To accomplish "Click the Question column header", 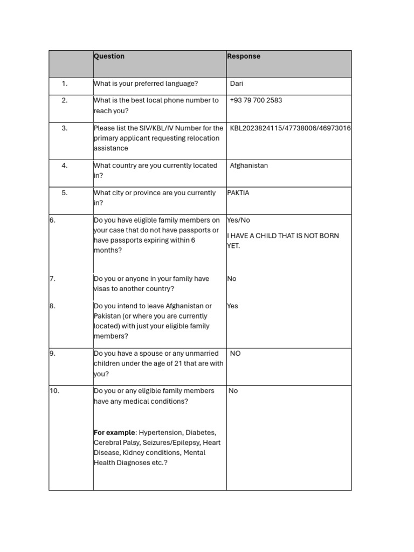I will [x=109, y=56].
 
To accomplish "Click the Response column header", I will [x=244, y=56].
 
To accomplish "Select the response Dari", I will [x=237, y=84].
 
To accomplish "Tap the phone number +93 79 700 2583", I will [x=256, y=100].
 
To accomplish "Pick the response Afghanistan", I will [x=249, y=165].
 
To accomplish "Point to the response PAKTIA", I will [x=238, y=192].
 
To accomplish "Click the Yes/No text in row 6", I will [x=238, y=220].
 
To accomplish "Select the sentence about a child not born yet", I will [x=282, y=240].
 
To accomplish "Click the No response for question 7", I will [x=232, y=279].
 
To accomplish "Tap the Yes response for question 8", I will [x=232, y=306].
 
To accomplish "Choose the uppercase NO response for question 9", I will [x=235, y=354].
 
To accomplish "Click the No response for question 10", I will [x=233, y=391].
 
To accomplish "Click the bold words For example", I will [x=114, y=433].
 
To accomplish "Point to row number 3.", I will [x=64, y=128].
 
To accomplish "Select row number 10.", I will [x=54, y=391].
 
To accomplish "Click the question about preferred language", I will [x=146, y=84].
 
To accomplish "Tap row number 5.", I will [x=64, y=192].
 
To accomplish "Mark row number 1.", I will [x=64, y=84].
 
